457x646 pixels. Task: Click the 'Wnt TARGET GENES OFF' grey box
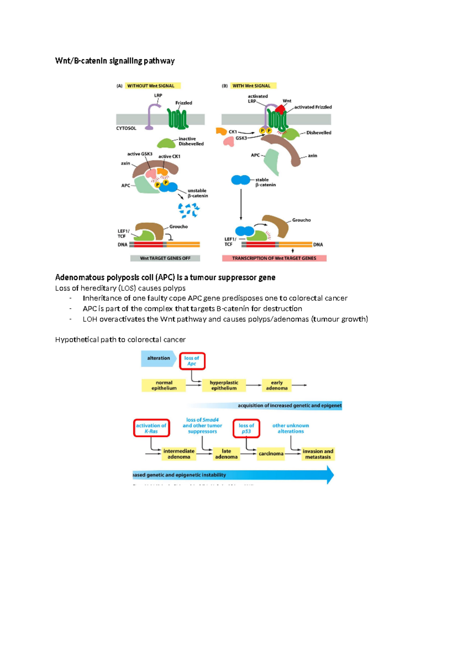point(165,258)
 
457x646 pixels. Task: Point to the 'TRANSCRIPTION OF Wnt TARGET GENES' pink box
point(274,258)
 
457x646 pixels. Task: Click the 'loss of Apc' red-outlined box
point(192,361)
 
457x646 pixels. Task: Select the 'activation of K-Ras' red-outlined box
point(151,429)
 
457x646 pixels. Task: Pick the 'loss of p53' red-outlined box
point(246,429)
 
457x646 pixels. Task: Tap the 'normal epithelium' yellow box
point(164,385)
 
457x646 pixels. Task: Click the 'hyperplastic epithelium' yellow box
point(224,385)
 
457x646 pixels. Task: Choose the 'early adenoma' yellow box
point(277,385)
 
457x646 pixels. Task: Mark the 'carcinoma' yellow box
point(271,454)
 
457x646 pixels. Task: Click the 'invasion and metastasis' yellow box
point(318,454)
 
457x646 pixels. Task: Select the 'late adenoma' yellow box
point(226,454)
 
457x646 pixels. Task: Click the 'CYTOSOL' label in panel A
point(126,128)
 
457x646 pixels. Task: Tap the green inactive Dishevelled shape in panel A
point(166,143)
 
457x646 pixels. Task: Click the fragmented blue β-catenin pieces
point(189,210)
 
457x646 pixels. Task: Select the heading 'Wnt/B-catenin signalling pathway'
point(115,61)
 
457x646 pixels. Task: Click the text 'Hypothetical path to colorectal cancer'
point(120,339)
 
